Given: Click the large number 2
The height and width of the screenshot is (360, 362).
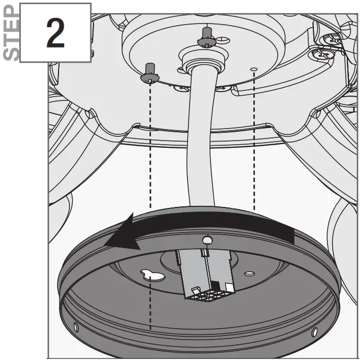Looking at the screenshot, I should [55, 32].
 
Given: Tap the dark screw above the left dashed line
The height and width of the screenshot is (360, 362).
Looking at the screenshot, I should [149, 72].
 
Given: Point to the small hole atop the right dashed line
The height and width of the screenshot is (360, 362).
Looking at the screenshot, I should [253, 68].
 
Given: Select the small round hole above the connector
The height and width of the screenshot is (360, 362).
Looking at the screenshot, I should [207, 240].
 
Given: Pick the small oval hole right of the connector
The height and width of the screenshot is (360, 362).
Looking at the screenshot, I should [250, 273].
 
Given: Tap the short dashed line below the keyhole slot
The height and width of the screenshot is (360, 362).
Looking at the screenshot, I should [150, 308].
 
